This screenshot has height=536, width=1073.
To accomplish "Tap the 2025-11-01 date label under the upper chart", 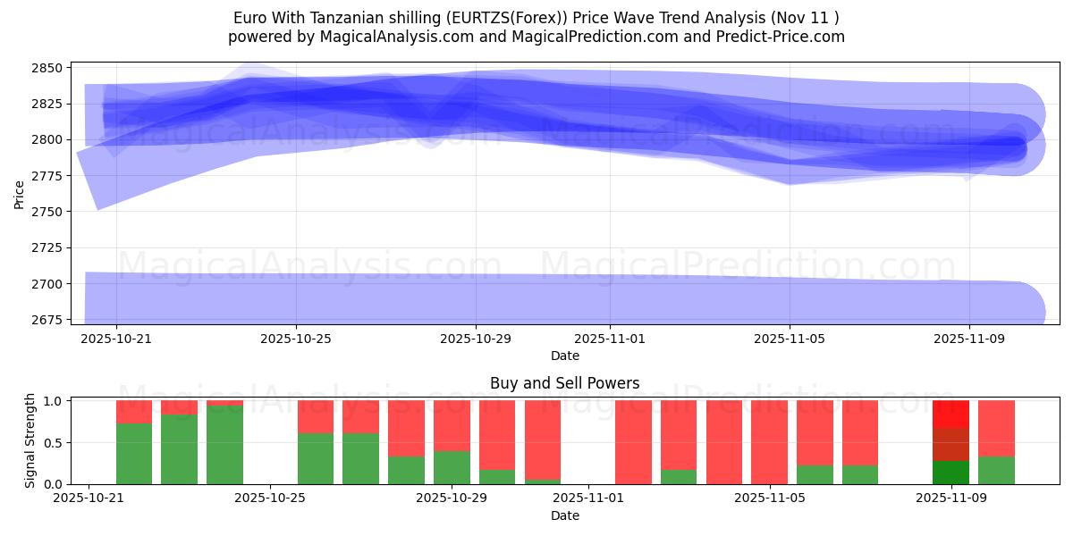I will click(x=610, y=339).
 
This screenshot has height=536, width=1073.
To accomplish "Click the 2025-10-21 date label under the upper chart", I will click(x=116, y=339).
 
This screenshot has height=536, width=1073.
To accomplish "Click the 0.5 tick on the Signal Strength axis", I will click(x=52, y=442).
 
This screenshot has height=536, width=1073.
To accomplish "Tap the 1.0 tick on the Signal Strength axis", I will click(x=52, y=401).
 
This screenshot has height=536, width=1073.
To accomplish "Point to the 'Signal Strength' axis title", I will click(x=30, y=440).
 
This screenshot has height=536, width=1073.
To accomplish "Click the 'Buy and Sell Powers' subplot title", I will click(x=564, y=383).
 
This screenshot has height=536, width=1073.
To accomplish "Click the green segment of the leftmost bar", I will click(x=134, y=454).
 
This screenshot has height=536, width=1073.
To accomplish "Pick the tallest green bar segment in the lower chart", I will click(x=224, y=445).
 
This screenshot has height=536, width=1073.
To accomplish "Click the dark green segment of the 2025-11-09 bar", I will click(x=950, y=473).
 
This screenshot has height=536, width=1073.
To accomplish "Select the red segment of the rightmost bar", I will click(x=996, y=428).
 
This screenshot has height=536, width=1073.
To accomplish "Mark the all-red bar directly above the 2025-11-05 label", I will click(x=769, y=442).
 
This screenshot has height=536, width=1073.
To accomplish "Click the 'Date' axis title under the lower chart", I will click(x=564, y=515).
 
